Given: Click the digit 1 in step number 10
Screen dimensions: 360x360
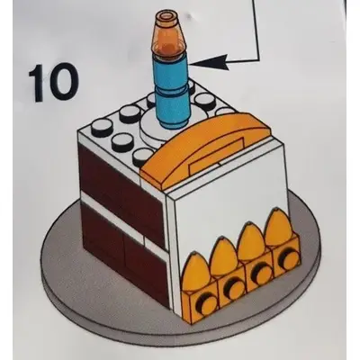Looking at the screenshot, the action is coord(37,82).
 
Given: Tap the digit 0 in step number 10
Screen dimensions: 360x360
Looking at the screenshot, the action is coord(63,82).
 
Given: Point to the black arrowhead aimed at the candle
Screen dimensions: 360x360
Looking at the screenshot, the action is coord(211,63).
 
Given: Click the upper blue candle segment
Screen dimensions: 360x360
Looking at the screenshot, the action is coord(170,72).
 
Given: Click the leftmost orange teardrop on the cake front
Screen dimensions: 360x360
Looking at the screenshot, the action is coord(196,272).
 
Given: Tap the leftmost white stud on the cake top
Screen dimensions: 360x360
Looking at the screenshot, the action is coord(101,126).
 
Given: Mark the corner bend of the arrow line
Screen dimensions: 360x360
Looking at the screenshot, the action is coord(258,61).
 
